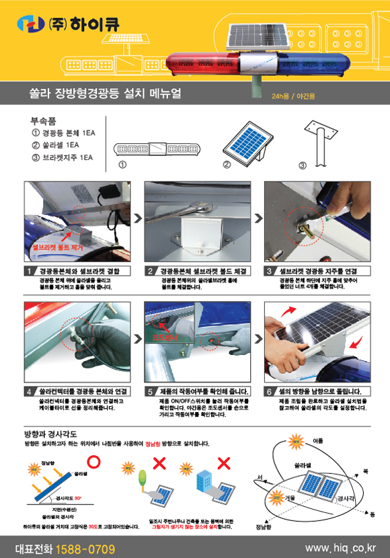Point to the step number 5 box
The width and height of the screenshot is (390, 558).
(151, 391)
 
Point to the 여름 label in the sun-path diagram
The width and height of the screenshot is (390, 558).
(317, 440)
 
